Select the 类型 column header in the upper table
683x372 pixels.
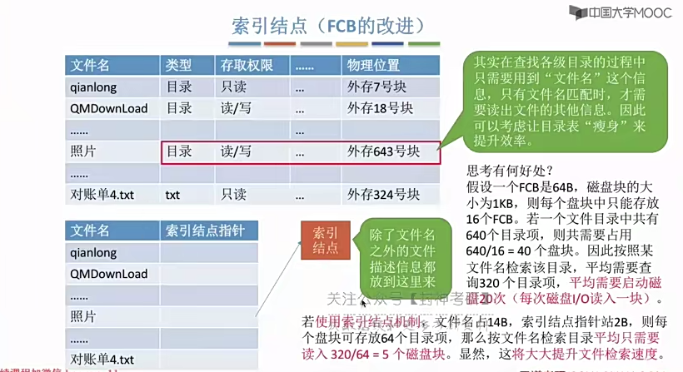point(178,65)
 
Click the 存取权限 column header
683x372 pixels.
point(241,65)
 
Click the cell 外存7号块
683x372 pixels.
point(376,87)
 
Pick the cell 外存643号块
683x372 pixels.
point(382,151)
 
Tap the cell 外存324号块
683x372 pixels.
point(382,195)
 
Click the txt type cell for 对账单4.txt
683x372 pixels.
point(172,195)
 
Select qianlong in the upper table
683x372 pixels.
point(93,87)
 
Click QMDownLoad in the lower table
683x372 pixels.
point(109,274)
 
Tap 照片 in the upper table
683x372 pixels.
point(83,151)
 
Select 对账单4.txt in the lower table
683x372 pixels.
point(102,360)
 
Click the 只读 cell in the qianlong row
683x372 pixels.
point(233,87)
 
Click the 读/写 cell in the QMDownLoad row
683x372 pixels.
point(235,108)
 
